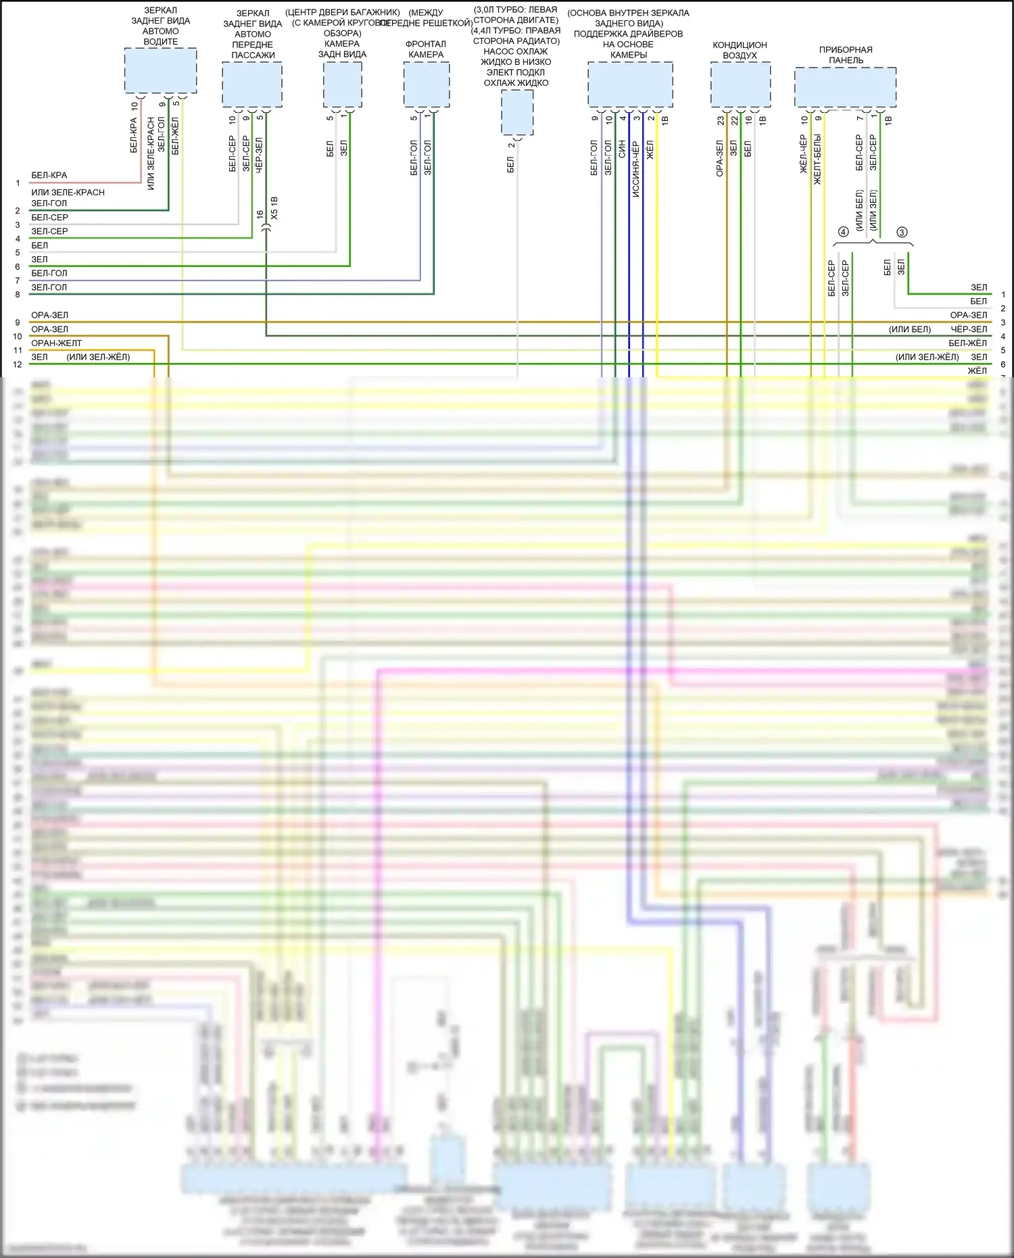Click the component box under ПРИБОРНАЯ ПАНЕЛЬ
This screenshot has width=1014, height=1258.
(x=845, y=87)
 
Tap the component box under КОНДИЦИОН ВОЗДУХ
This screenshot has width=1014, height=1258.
(x=740, y=84)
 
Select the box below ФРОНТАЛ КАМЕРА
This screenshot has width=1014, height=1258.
(x=427, y=84)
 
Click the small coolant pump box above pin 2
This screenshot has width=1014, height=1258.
(x=517, y=112)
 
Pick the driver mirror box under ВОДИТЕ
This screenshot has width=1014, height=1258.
(x=160, y=70)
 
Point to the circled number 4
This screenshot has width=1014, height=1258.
(x=843, y=232)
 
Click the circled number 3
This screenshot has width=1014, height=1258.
(x=902, y=232)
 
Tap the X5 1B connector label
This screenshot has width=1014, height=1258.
(x=274, y=208)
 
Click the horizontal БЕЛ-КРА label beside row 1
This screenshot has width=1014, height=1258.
(x=49, y=175)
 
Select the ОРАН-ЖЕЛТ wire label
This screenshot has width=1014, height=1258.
(x=56, y=343)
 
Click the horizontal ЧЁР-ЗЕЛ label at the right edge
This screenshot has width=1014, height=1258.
(x=969, y=329)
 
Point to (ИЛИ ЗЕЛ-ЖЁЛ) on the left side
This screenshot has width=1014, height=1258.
(x=98, y=357)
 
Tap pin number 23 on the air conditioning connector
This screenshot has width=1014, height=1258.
(x=721, y=120)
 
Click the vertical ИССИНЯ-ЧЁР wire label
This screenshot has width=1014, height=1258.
(x=635, y=169)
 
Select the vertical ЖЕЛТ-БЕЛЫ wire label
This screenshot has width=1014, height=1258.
(x=817, y=160)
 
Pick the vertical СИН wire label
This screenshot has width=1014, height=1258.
(x=622, y=149)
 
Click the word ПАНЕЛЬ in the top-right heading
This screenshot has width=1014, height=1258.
(x=846, y=60)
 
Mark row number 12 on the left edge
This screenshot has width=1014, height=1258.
(x=18, y=364)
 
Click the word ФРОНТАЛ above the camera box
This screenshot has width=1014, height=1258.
(x=426, y=44)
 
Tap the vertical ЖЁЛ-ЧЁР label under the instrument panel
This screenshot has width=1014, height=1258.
(x=803, y=154)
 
